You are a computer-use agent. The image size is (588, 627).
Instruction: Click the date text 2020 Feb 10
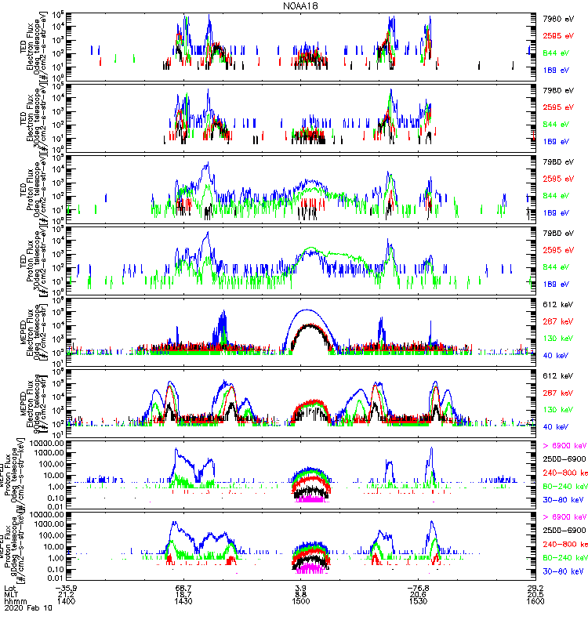point(25,608)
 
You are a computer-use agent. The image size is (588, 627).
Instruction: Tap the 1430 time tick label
point(183,601)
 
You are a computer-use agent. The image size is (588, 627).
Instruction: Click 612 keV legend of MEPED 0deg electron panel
point(557,303)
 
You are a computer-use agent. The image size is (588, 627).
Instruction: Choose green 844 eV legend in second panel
point(557,125)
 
